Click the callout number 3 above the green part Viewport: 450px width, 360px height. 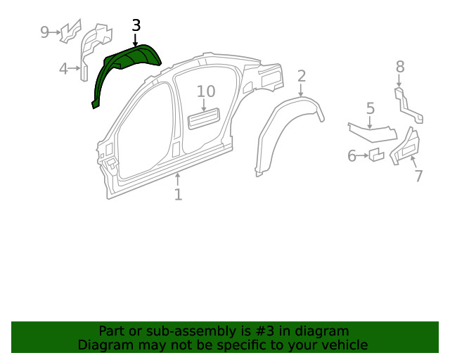pos(136,25)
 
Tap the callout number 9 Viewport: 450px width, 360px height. pos(45,32)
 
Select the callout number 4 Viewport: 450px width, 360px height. pos(63,68)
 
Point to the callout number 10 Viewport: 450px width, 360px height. pos(205,91)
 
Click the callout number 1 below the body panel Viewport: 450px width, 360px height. pos(178,194)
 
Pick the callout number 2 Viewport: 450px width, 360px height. pos(302,76)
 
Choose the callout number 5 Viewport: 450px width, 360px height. pos(371,108)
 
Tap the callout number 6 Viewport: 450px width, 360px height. pos(352,156)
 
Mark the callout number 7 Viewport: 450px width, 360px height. pos(418,176)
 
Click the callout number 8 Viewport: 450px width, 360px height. pos(399,67)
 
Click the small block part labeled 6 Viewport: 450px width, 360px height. pos(376,155)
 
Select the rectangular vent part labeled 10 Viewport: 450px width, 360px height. pos(204,119)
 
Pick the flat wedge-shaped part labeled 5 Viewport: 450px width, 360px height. pos(373,133)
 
